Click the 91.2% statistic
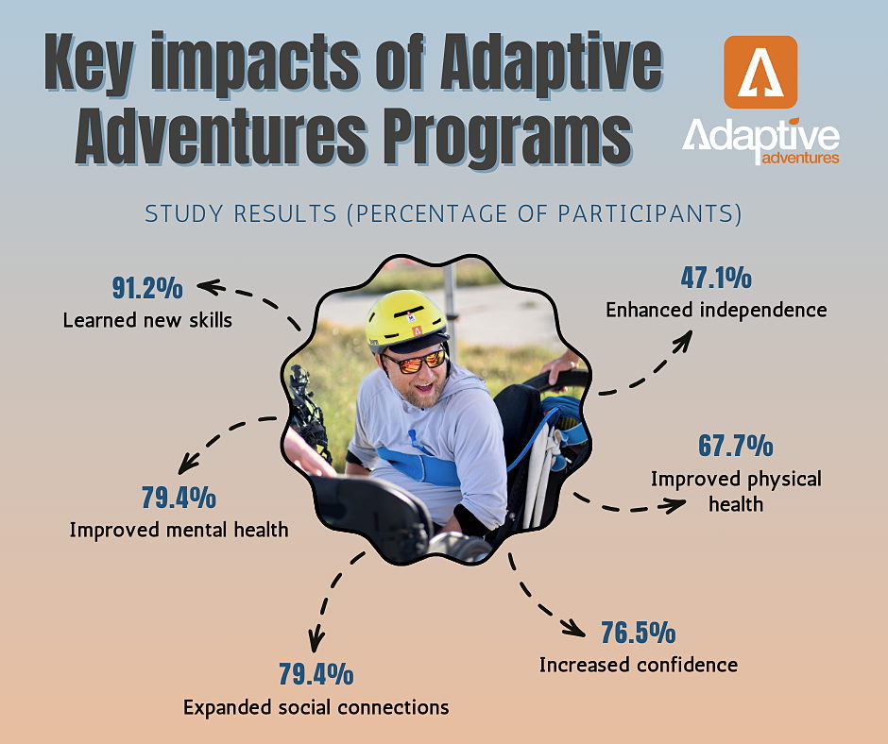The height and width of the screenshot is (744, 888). coord(147,288)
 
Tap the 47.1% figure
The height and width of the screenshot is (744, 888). coord(716,278)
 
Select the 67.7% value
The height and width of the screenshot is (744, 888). coord(735,446)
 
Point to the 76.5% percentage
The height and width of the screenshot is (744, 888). coord(639,633)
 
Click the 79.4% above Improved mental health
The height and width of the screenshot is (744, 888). coord(179,498)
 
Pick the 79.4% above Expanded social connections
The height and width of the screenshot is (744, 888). coord(316,674)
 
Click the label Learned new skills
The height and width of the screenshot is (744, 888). coord(147,320)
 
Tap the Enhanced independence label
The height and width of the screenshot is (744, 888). coord(716,311)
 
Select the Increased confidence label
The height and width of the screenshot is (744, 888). coord(639,665)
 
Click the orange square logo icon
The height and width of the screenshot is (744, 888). coord(760,72)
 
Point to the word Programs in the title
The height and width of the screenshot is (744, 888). coord(507,138)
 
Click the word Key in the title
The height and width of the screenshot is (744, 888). coord(90,62)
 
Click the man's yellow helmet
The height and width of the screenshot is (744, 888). coord(405,318)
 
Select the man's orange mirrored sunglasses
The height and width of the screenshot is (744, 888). coord(415,361)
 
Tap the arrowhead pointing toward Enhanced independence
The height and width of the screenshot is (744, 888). coord(684,339)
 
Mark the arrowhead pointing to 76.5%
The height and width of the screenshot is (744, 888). coord(574,627)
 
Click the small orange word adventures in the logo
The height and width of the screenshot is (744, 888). coord(800,157)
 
